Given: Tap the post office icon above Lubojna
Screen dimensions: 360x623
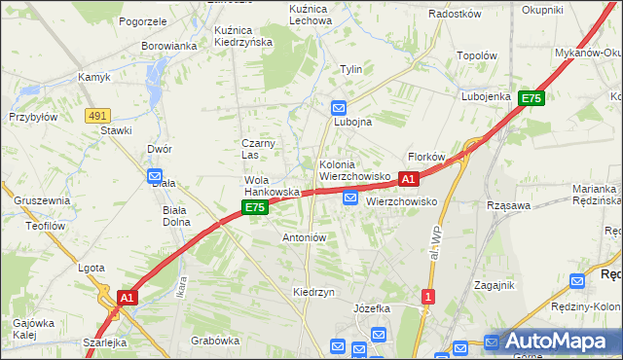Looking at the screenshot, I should coord(339,107).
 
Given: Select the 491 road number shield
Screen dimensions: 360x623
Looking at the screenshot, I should coord(96,115).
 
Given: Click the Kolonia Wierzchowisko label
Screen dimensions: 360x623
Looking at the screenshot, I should coord(354,170).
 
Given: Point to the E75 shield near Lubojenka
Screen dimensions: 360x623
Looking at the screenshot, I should coord(531,98).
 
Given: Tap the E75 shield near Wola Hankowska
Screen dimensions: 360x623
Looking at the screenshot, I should coord(255,208).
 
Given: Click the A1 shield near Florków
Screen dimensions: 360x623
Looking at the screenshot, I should coord(409,179).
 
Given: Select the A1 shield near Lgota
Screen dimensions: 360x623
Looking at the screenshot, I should coord(127,297).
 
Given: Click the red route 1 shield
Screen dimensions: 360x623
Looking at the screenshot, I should coord(428,295).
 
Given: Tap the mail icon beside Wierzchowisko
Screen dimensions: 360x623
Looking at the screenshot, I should coord(350,198).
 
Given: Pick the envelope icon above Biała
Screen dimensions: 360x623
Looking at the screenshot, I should coord(155,176).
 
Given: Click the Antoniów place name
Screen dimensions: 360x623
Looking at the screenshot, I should coord(304,236).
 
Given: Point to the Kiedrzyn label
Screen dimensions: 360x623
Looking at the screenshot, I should coord(313,292).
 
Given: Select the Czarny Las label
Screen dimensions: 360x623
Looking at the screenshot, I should coord(259,149).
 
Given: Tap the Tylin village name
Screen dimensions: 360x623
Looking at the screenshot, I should coord(350,69).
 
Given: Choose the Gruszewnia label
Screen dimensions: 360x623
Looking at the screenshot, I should coord(42,200).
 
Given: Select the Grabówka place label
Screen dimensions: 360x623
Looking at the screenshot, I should coord(215,341).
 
